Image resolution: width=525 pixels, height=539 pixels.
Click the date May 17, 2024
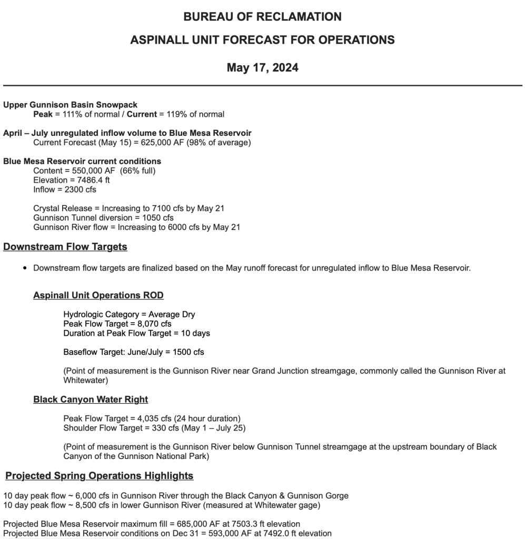pos(262,67)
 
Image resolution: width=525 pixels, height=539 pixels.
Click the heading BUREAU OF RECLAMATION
pos(262,17)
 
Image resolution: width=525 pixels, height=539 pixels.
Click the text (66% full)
pos(137,171)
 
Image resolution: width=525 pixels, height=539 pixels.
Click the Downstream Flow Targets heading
pos(65,247)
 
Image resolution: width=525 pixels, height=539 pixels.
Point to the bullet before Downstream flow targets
pos(25,268)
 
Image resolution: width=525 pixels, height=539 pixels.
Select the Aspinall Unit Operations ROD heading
pos(98,295)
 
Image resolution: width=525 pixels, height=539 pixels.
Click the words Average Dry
pos(172,314)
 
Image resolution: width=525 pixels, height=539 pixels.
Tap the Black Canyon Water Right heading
pos(91,400)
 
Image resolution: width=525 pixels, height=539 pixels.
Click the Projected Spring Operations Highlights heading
pos(100,476)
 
